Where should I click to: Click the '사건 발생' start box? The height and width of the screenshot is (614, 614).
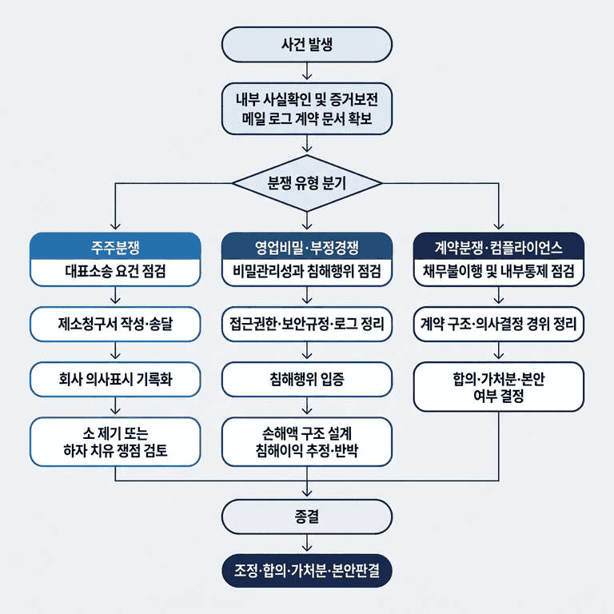[307, 44]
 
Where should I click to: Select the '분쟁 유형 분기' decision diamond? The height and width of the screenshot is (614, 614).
[307, 182]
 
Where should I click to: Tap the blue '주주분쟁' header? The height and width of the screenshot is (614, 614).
[115, 245]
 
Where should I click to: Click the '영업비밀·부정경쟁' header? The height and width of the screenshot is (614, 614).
[307, 245]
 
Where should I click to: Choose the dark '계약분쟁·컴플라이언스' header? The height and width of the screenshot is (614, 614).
[499, 245]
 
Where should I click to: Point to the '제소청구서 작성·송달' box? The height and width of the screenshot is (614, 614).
[115, 325]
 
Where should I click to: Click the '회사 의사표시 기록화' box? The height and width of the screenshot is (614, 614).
[115, 379]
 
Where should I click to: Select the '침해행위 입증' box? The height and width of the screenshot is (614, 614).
[307, 379]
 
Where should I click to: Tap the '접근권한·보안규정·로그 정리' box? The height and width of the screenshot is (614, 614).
[307, 325]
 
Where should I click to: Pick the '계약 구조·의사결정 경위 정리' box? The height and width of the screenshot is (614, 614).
[499, 325]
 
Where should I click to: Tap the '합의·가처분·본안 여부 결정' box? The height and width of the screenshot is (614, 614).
[499, 387]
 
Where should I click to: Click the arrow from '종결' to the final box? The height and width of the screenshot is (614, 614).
[307, 543]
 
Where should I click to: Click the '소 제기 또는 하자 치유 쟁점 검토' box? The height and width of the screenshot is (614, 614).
[115, 441]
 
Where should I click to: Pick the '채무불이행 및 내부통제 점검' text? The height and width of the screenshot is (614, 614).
[499, 272]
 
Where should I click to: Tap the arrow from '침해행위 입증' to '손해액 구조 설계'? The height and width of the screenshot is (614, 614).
[307, 406]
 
